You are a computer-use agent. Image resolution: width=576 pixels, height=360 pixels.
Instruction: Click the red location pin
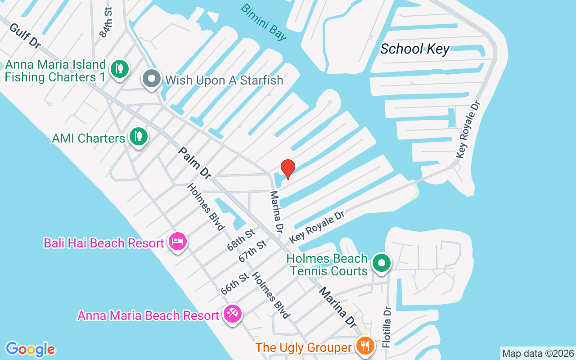tap(288, 169)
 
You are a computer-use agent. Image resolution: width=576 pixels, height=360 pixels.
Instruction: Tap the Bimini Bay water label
tap(264, 22)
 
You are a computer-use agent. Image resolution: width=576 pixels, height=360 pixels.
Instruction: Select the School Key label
tap(414, 49)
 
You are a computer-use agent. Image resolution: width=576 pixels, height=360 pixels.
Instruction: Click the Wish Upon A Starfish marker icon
tap(152, 79)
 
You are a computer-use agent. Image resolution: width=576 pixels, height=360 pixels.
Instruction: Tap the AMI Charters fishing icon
tap(138, 136)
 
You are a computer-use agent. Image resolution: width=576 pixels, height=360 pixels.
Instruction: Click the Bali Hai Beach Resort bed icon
tap(178, 242)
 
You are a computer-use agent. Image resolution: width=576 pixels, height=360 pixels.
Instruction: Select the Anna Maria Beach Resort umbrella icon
tap(232, 314)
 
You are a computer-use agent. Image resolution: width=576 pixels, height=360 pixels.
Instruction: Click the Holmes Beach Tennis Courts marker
tap(382, 262)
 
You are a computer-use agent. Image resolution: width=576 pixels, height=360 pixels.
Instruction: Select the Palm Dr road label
tap(195, 162)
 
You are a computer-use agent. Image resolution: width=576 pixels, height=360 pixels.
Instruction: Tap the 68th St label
tap(241, 239)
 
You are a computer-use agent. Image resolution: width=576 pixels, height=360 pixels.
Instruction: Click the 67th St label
tap(252, 251)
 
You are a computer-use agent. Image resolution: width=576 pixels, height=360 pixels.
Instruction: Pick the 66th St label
tap(234, 283)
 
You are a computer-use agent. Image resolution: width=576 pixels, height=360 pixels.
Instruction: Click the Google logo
tap(30, 349)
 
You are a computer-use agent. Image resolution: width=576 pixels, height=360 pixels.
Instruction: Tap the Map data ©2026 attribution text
tap(538, 353)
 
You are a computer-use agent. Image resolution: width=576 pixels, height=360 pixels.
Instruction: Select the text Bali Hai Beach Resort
tap(103, 243)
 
